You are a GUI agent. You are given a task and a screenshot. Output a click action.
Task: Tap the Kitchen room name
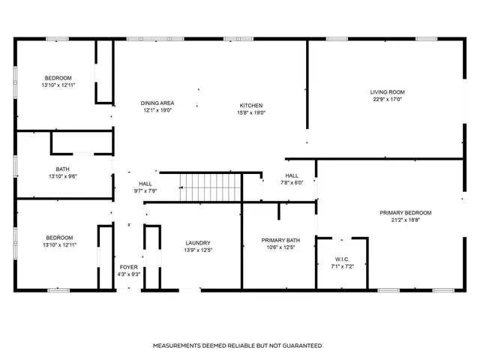[x=250, y=105]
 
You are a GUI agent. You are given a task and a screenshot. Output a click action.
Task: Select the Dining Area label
[x=158, y=103]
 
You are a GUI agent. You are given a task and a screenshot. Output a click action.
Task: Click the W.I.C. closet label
[x=342, y=259]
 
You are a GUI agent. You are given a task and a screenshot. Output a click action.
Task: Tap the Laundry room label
[x=199, y=242]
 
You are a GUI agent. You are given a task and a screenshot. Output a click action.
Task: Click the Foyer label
[x=129, y=267]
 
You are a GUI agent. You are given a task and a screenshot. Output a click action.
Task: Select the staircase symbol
[x=209, y=187]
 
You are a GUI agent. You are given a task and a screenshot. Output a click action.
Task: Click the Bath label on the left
[x=62, y=169]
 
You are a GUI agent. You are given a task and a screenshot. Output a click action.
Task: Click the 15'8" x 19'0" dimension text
[x=250, y=112]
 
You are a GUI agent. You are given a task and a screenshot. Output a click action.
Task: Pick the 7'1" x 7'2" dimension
[x=342, y=267]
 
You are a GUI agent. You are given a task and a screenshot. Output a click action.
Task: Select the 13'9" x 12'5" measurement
[x=199, y=250]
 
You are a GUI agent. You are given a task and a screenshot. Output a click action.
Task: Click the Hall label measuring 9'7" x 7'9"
[x=145, y=184]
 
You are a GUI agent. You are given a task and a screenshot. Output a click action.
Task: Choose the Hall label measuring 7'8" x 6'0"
[x=292, y=175]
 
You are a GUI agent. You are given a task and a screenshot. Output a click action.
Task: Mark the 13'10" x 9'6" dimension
[x=62, y=176]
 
